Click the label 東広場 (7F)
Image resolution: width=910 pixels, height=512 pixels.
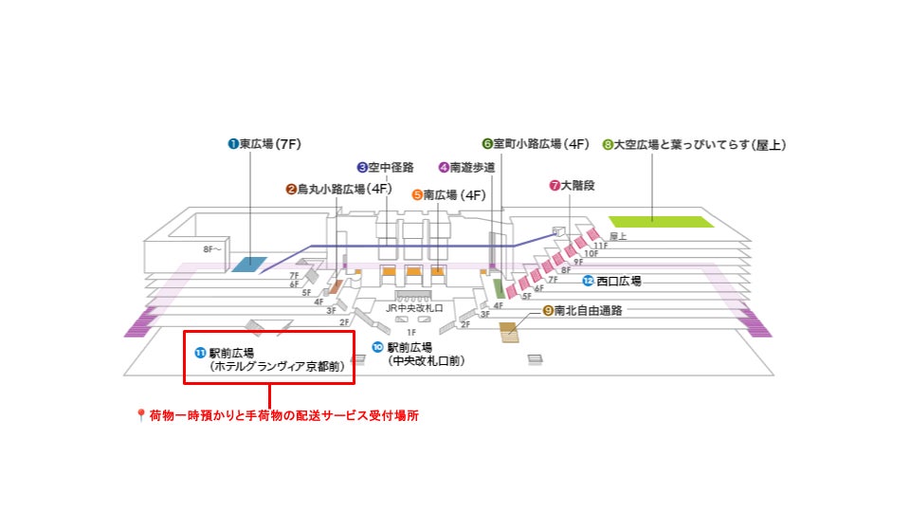point(264,144)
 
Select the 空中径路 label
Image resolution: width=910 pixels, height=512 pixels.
point(386,168)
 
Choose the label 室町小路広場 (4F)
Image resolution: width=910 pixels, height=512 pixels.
point(536,144)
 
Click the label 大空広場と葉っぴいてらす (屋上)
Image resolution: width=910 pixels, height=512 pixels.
point(694,145)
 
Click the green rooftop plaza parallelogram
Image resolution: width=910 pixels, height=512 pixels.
point(661,222)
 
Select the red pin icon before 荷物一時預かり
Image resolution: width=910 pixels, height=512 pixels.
point(141,415)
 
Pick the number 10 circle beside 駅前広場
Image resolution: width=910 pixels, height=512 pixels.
point(377,347)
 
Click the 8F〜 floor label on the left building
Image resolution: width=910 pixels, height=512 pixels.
point(212,249)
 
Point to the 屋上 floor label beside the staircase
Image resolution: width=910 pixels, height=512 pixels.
point(618,235)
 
